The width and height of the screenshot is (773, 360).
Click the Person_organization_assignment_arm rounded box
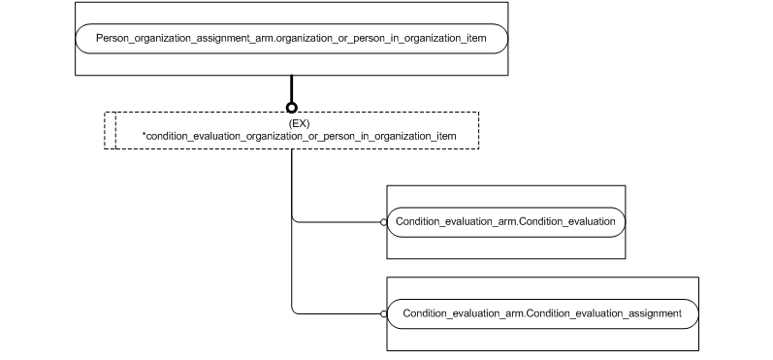point(291,38)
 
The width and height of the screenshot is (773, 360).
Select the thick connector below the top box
point(291,88)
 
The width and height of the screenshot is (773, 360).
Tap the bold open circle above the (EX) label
point(291,108)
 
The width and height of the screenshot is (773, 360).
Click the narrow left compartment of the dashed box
point(110,130)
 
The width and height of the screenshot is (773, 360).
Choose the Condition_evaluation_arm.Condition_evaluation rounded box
point(504,222)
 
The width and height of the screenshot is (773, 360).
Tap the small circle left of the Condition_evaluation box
point(384,222)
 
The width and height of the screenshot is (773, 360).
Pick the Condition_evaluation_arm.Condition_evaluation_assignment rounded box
point(541,313)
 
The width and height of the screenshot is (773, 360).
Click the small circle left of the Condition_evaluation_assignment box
point(384,313)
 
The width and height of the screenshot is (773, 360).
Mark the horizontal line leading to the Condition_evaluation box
point(339,222)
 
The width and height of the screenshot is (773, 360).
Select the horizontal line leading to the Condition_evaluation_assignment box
point(339,313)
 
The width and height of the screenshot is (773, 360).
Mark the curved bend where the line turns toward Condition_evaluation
point(294,220)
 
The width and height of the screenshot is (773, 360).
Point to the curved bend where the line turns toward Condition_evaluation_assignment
point(294,311)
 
